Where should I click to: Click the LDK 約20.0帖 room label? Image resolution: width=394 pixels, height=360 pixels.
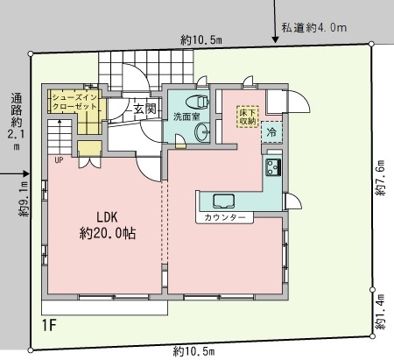click(x=108, y=225)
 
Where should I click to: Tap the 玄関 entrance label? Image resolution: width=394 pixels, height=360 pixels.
click(x=144, y=109)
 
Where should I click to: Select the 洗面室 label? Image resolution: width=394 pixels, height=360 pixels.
click(x=186, y=116)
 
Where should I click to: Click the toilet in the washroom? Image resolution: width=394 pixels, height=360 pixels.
click(x=197, y=102)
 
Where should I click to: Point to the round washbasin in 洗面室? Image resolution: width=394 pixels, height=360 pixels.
click(x=202, y=132)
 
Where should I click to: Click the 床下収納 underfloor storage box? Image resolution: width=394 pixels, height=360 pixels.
click(x=248, y=116)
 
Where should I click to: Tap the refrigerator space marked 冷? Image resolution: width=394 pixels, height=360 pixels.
click(x=271, y=132)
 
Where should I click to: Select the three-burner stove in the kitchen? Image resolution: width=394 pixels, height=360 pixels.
click(x=273, y=167)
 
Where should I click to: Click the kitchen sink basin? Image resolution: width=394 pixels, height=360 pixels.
click(x=223, y=201)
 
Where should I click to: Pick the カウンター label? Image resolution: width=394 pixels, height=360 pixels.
click(x=225, y=217)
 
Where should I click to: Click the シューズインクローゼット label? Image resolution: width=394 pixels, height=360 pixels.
click(x=74, y=102)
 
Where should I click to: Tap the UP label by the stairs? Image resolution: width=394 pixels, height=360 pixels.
click(x=59, y=160)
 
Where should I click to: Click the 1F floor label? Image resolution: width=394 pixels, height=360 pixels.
click(x=49, y=325)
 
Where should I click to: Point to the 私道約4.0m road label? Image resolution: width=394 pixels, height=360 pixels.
click(x=314, y=28)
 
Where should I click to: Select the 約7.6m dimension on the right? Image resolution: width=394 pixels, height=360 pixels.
click(x=380, y=178)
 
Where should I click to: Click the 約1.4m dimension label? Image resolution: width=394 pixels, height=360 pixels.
click(x=380, y=311)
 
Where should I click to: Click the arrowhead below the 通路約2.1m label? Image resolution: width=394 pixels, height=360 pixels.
click(x=26, y=174)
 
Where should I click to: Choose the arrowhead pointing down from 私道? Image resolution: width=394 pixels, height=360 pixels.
click(x=275, y=39)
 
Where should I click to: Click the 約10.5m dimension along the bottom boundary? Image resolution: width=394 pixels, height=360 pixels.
click(x=193, y=351)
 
